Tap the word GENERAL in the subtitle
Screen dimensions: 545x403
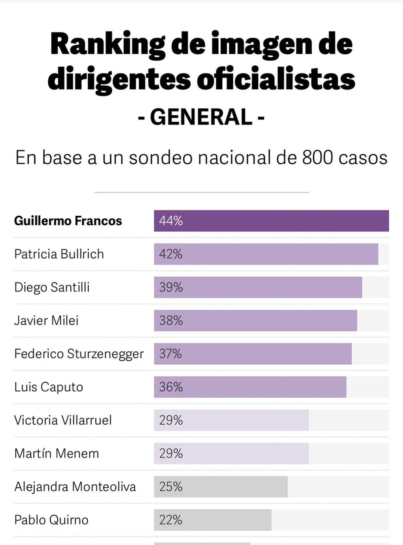click(x=201, y=117)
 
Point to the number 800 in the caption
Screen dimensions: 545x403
click(x=316, y=157)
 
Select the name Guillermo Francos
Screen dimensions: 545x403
click(x=68, y=221)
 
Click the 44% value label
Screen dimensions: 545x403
click(x=171, y=221)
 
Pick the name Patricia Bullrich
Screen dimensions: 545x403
click(x=59, y=254)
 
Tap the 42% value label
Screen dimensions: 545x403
click(x=171, y=254)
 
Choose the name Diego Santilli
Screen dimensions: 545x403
click(x=52, y=287)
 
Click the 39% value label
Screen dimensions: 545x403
click(x=171, y=287)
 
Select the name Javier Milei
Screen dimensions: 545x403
click(x=46, y=321)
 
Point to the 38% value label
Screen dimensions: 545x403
click(x=171, y=321)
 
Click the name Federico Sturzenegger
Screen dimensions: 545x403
click(x=79, y=354)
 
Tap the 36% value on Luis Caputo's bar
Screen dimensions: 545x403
click(x=171, y=387)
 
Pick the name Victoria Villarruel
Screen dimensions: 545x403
click(x=63, y=420)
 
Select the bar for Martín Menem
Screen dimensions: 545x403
click(x=231, y=453)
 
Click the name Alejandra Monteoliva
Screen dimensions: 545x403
click(x=75, y=487)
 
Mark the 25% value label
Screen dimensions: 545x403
click(x=171, y=487)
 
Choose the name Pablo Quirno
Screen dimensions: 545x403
click(x=51, y=520)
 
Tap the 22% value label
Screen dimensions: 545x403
click(x=171, y=520)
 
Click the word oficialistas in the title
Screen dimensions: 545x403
click(x=275, y=79)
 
